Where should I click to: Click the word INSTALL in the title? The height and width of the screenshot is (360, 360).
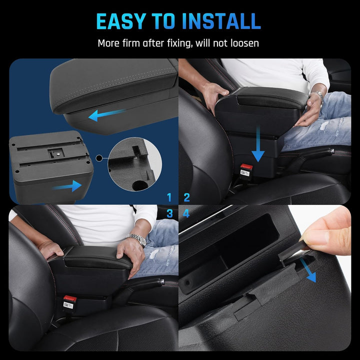[x=221, y=21]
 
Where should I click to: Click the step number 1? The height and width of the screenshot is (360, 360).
[x=169, y=197]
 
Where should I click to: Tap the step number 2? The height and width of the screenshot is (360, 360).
[x=186, y=197]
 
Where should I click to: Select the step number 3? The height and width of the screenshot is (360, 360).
[x=169, y=213]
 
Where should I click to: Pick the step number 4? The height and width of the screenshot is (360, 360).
[x=186, y=213]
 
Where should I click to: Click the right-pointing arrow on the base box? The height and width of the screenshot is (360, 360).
[x=67, y=186]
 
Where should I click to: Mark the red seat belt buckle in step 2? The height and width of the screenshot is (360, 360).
[x=245, y=167]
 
